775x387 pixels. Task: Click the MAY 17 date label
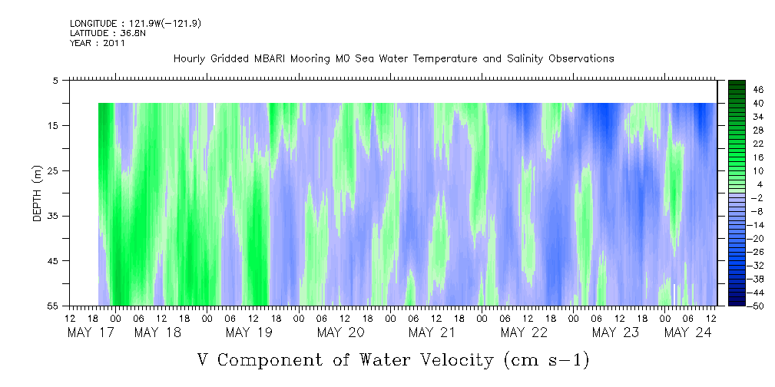pos(91,332)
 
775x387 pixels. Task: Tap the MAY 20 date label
pos(341,332)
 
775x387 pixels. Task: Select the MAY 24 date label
pos(687,332)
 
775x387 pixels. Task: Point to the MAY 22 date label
pos(524,332)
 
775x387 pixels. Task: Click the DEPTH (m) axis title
pos(38,193)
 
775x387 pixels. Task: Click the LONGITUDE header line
pos(135,24)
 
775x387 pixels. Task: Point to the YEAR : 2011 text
pos(98,43)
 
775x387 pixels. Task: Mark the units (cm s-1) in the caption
pos(547,360)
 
